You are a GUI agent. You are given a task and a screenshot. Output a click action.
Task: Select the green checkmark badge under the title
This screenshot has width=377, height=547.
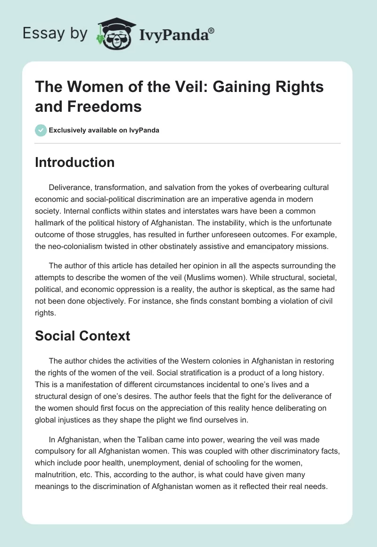point(41,130)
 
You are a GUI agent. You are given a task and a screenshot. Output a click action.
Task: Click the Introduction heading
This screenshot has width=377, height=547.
point(75,162)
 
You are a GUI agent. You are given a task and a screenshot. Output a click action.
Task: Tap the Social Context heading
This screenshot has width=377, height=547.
point(82,336)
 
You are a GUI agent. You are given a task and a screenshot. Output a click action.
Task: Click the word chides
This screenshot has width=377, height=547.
point(97,361)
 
